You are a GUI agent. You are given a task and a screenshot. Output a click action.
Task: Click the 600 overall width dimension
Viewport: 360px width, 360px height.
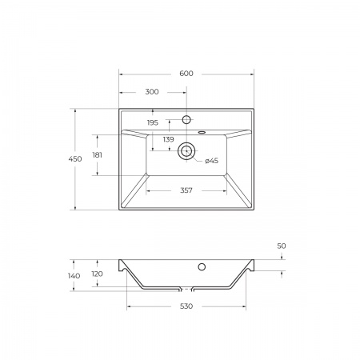tap(186, 74)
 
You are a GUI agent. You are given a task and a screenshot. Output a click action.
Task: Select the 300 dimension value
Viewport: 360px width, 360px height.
tap(152, 92)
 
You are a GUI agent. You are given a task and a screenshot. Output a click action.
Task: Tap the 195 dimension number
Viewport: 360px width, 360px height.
tap(153, 122)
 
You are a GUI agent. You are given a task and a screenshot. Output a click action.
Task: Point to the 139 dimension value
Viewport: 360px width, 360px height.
tap(168, 139)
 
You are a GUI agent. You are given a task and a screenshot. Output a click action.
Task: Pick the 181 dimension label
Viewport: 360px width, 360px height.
tap(97, 154)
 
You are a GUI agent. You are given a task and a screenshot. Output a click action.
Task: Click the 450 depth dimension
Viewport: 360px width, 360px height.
tap(75, 159)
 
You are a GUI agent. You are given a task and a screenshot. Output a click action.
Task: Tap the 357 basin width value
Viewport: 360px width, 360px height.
tap(186, 190)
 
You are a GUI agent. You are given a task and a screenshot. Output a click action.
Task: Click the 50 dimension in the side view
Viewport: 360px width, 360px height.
tap(282, 246)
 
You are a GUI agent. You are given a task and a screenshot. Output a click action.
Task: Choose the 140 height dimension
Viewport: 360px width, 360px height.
tap(74, 275)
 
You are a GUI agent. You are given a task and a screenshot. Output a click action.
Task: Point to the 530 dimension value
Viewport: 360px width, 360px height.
tap(186, 306)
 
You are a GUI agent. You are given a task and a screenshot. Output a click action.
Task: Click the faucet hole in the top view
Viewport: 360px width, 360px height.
tap(186, 119)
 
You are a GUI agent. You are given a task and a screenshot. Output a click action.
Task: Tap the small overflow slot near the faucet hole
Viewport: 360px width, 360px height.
tap(200, 131)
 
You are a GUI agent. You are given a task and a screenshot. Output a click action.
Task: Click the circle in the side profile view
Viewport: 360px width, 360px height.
tap(202, 266)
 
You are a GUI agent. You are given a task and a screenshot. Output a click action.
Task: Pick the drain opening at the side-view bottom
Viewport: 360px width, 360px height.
tap(186, 289)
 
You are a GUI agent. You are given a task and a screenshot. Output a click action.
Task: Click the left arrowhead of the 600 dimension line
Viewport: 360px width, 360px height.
tap(121, 74)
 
